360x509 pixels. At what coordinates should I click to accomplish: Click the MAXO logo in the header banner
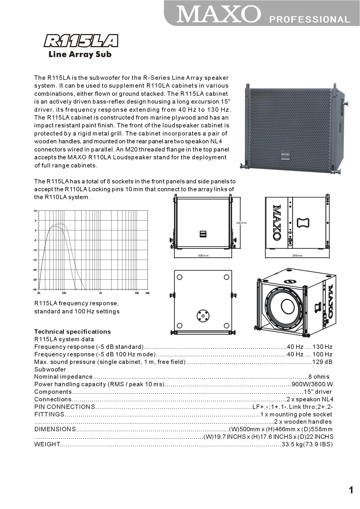[x=218, y=14]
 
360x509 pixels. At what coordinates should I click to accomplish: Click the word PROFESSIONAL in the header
[x=310, y=19]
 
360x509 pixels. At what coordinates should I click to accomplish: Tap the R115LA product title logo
[x=81, y=41]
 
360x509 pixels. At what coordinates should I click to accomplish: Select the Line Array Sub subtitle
[x=80, y=54]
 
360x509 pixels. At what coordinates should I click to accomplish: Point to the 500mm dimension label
[x=203, y=256]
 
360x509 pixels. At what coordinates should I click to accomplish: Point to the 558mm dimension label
[x=297, y=256]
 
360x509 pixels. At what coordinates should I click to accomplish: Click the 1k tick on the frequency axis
[x=100, y=293]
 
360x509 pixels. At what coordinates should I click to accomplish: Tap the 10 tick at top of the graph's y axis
[x=35, y=211]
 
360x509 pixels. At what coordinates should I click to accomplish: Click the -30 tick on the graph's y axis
[x=35, y=290]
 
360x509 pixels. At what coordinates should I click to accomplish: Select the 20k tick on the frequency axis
[x=147, y=293]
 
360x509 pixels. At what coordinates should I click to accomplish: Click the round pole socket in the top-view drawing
[x=203, y=315]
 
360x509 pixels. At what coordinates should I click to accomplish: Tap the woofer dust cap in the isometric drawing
[x=288, y=306]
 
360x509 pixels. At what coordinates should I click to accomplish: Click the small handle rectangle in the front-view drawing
[x=203, y=234]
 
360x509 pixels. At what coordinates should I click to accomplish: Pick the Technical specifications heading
[x=72, y=332]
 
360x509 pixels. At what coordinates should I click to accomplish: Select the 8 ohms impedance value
[x=319, y=377]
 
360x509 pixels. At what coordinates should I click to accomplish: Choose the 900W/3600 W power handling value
[x=312, y=384]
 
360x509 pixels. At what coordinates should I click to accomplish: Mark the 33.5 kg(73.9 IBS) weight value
[x=307, y=444]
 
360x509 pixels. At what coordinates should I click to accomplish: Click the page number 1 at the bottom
[x=351, y=490]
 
